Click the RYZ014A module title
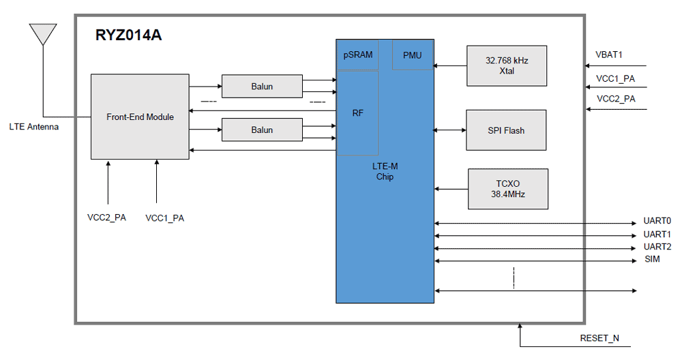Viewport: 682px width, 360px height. tap(128, 36)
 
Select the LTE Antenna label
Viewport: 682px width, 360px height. tap(33, 127)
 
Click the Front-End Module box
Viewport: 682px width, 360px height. tap(140, 117)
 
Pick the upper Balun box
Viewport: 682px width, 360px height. tap(262, 87)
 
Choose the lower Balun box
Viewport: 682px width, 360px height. tap(262, 130)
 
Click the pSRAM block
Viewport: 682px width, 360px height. tap(357, 55)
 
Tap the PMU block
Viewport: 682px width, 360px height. tap(413, 55)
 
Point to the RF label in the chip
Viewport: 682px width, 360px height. tap(357, 113)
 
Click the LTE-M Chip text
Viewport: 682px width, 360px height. tap(385, 172)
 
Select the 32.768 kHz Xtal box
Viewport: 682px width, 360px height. tap(507, 65)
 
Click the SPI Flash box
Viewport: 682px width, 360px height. tap(506, 130)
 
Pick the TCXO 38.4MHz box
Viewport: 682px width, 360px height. tap(507, 189)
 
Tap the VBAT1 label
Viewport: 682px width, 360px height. tap(609, 55)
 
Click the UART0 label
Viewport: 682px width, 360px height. tap(657, 222)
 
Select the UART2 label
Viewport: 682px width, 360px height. tap(657, 247)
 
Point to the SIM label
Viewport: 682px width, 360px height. tap(652, 260)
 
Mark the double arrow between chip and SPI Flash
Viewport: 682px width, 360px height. tap(450, 130)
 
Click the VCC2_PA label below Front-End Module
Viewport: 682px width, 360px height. tap(106, 218)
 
